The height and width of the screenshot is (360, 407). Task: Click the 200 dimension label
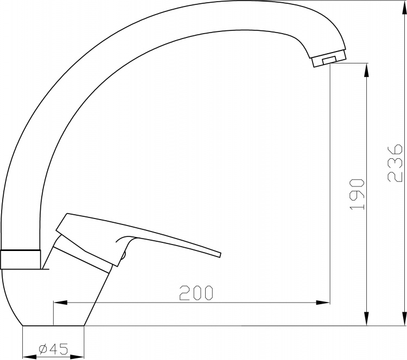pos(196,293)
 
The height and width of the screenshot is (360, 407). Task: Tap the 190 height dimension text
pos(357,194)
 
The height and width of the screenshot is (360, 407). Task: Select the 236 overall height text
pos(395,163)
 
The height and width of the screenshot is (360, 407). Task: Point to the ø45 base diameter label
pos(54,349)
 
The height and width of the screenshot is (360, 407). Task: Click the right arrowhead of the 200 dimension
pos(323,303)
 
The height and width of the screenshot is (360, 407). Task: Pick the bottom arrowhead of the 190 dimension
pos(366,318)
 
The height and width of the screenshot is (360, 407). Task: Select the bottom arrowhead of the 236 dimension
pos(404,318)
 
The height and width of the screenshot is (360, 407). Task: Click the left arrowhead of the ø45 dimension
pos(30,357)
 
